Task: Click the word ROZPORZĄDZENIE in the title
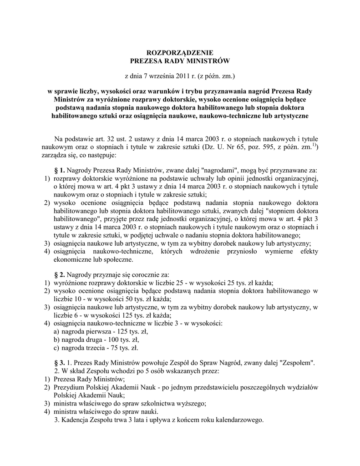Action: coord(180,53)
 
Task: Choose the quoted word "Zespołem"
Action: coord(298,363)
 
